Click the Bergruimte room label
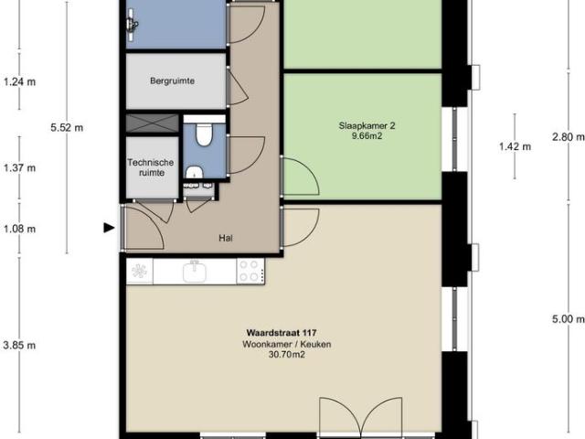173,80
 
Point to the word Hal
225,237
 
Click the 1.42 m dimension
515,145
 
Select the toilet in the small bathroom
204,135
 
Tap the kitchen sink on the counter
194,271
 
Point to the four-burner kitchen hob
249,271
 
